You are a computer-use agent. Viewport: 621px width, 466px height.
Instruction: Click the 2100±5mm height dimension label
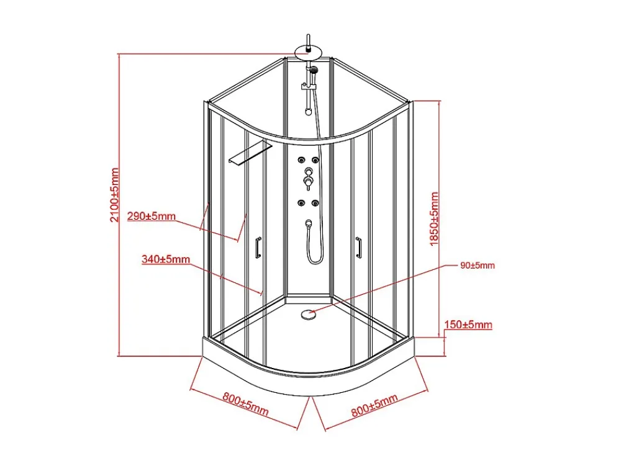coord(115,195)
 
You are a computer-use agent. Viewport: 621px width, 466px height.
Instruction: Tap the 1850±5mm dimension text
coord(435,219)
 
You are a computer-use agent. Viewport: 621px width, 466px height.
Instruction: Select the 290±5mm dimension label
coord(152,216)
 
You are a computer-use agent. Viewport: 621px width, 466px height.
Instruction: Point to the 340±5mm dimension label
coord(166,259)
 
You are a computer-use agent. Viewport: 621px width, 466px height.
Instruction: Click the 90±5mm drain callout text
coord(477,266)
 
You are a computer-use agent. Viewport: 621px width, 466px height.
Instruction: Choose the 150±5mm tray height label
coord(468,325)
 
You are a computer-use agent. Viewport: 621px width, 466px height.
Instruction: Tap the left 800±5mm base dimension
coord(245,404)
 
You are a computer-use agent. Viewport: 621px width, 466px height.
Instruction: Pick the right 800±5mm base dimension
coord(374,405)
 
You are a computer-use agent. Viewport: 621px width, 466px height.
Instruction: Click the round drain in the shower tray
coord(308,315)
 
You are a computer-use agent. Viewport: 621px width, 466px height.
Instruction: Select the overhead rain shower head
coord(309,53)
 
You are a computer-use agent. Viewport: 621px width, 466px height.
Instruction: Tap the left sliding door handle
coord(258,248)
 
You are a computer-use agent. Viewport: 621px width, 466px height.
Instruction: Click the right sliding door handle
coord(359,248)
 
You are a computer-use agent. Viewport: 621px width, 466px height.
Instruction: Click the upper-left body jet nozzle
coord(301,160)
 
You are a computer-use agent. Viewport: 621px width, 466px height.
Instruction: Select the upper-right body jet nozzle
coord(315,160)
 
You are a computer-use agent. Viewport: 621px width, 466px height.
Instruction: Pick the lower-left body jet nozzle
coord(301,204)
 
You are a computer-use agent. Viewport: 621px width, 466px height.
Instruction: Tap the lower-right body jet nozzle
coord(315,204)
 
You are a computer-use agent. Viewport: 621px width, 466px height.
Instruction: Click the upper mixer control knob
coord(308,171)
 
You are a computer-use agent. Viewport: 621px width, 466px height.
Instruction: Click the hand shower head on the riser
coord(314,70)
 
